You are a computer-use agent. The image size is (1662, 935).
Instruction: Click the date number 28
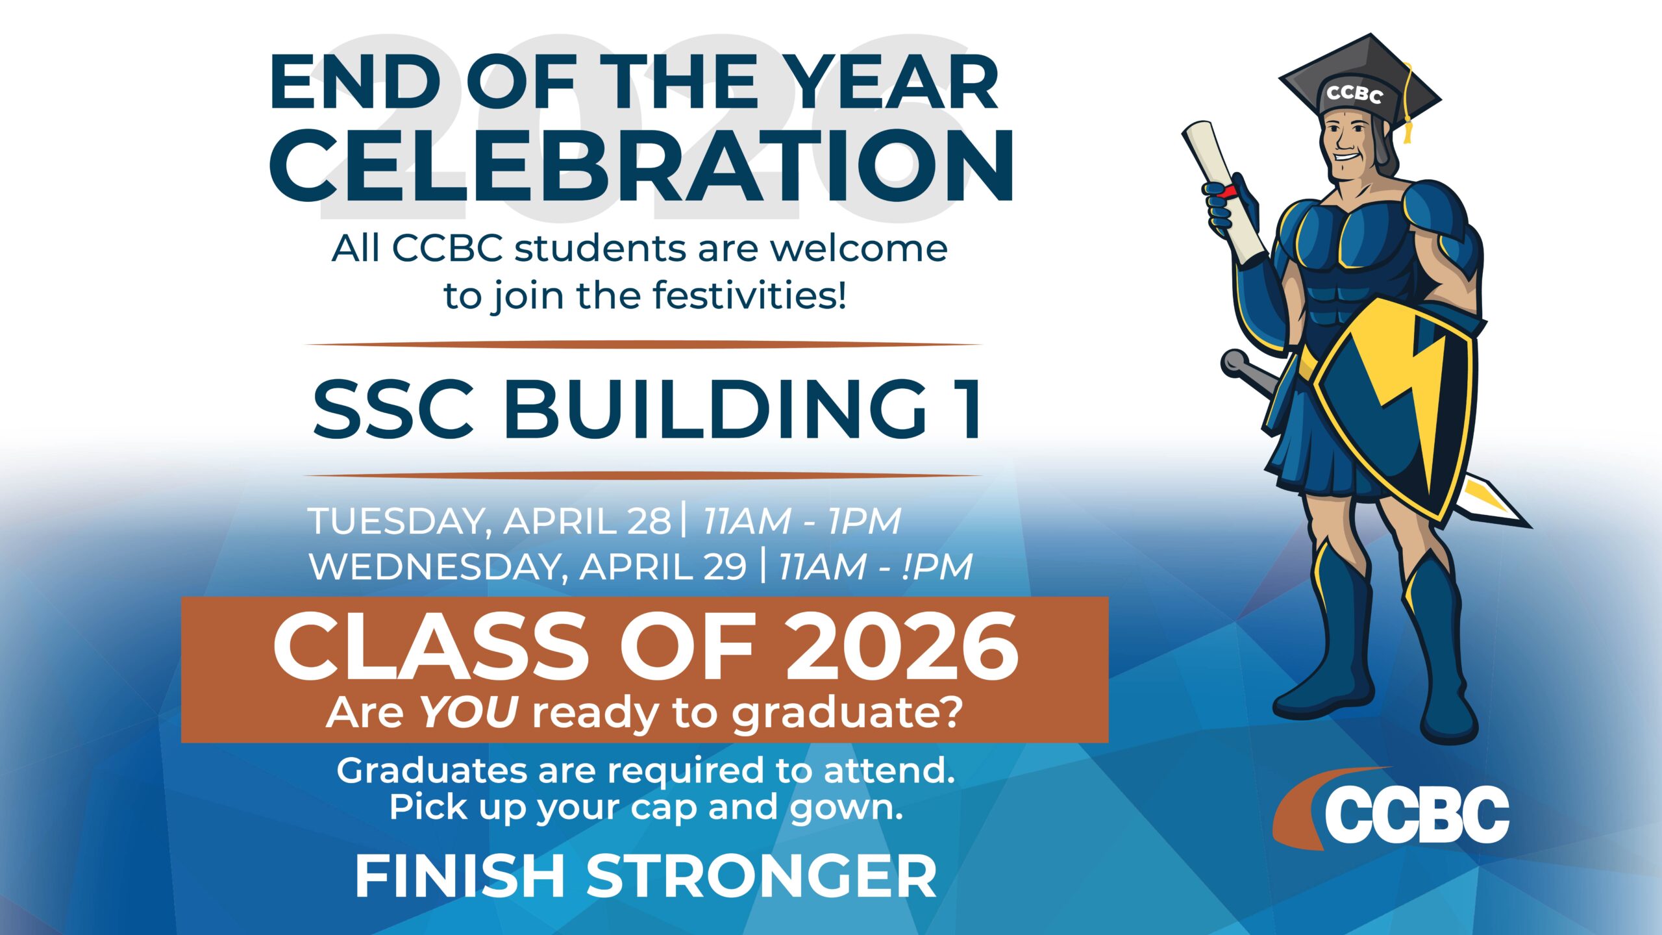click(649, 521)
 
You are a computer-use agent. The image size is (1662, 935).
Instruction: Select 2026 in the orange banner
click(902, 647)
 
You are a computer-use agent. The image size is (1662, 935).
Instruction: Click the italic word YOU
click(469, 712)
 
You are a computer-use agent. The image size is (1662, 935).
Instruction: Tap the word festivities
click(750, 295)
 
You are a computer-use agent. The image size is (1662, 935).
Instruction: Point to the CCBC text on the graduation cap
click(1354, 95)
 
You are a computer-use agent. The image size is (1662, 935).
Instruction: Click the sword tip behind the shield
click(1525, 523)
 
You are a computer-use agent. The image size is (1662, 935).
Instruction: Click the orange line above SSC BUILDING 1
click(643, 345)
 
